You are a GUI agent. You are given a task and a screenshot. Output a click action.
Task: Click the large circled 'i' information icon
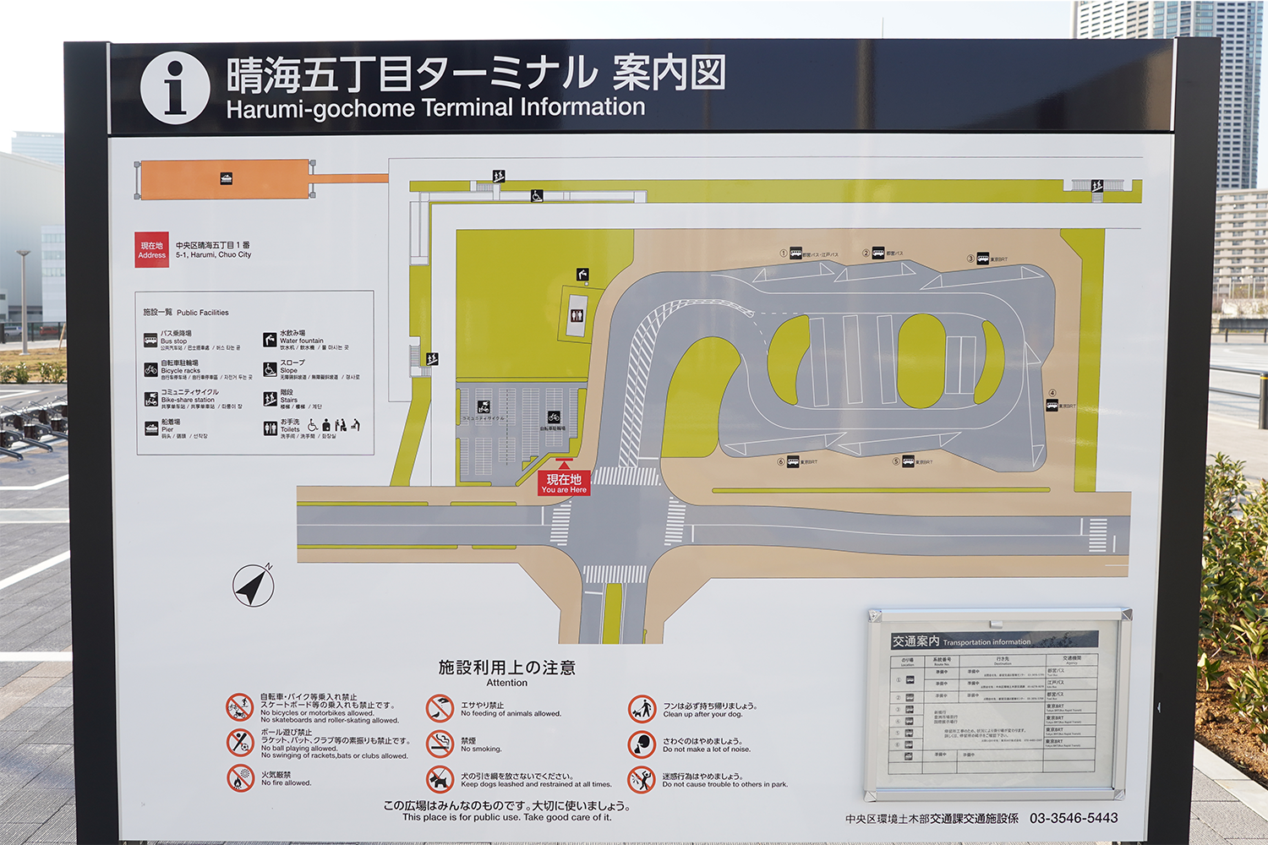click(x=175, y=88)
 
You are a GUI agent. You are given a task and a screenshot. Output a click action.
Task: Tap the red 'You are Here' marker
click(x=564, y=483)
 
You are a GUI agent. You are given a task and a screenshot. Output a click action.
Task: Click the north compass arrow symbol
click(x=253, y=586)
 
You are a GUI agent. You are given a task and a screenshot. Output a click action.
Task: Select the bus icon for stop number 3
click(x=983, y=259)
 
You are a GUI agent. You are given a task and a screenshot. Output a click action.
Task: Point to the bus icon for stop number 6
click(x=793, y=461)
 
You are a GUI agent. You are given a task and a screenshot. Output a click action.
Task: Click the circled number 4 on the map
click(x=1052, y=393)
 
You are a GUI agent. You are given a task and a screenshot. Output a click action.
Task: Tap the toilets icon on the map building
click(x=577, y=315)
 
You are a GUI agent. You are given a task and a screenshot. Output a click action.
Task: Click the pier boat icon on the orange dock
click(x=226, y=178)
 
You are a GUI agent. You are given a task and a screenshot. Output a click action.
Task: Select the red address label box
click(x=152, y=250)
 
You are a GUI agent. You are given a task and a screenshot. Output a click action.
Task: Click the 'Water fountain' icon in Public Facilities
click(x=270, y=340)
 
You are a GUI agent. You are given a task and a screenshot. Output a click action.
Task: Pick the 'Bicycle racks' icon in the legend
click(x=150, y=369)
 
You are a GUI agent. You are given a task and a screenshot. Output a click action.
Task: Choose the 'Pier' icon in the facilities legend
click(x=150, y=428)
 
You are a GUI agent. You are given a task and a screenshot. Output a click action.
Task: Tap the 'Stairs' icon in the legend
click(x=270, y=399)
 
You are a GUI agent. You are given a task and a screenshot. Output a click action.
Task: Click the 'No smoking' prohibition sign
click(x=440, y=744)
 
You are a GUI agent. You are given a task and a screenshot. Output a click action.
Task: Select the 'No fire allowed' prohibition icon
click(x=240, y=777)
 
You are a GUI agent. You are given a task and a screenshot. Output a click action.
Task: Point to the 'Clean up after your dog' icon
click(x=642, y=708)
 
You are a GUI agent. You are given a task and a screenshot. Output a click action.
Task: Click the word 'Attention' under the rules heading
click(x=506, y=683)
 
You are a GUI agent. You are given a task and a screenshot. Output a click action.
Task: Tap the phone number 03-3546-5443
click(x=1074, y=818)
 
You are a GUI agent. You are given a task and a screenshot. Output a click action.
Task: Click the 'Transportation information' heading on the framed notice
click(x=987, y=642)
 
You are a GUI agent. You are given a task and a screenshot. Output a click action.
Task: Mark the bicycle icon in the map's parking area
click(x=554, y=417)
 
